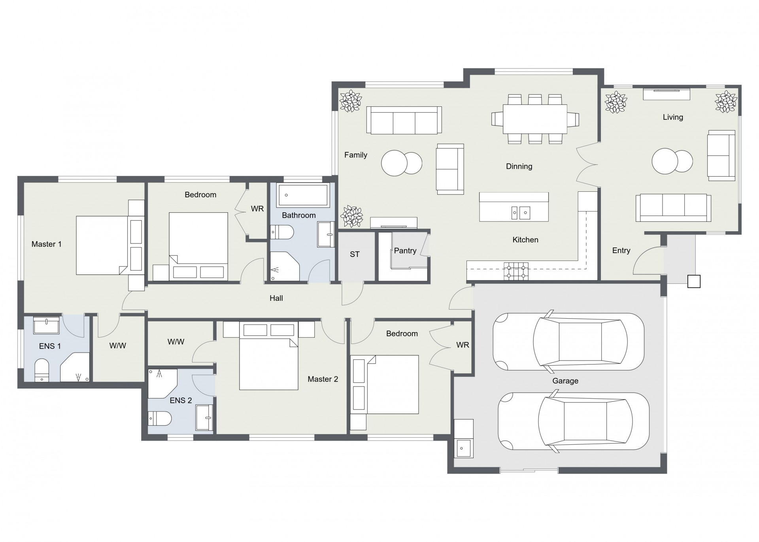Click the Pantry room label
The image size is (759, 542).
[x=405, y=251]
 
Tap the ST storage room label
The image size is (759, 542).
[x=355, y=254]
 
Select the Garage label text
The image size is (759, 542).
[x=565, y=381]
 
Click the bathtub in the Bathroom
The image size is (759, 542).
[x=303, y=195]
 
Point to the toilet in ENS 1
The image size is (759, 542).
[x=42, y=370]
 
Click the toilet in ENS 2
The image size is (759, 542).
[x=160, y=418]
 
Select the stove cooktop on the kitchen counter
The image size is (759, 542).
[x=516, y=271]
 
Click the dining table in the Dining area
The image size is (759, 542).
[x=535, y=119]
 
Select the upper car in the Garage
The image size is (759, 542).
[x=568, y=342]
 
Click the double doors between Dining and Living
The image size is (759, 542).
[x=587, y=164]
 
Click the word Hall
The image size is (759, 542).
[x=276, y=298]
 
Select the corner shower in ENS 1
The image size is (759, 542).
[x=75, y=367]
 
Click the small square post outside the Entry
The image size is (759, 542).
[x=694, y=281]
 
